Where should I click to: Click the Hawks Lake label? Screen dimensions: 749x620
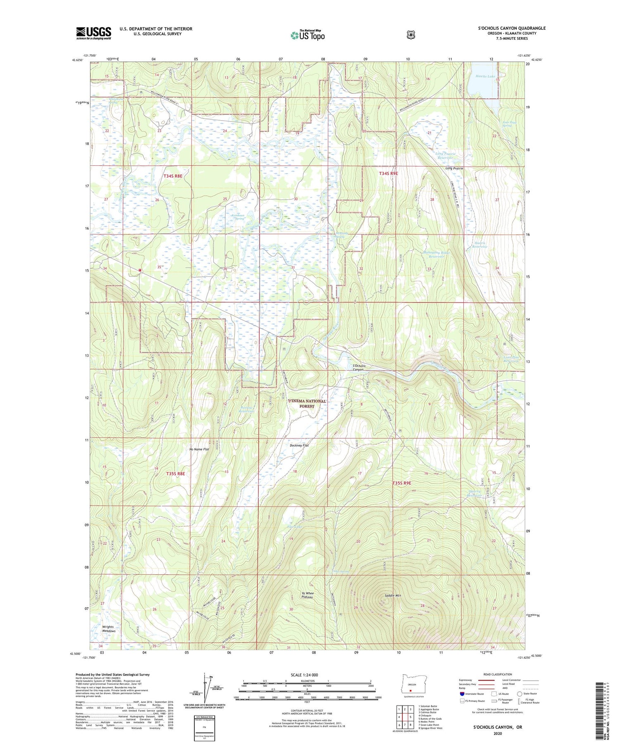pyautogui.click(x=485, y=76)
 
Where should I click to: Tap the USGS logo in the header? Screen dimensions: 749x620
pyautogui.click(x=93, y=33)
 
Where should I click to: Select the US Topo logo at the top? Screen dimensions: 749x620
pyautogui.click(x=308, y=35)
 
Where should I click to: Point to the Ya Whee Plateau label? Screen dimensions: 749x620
pyautogui.click(x=308, y=595)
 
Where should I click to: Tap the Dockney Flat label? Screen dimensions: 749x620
pyautogui.click(x=299, y=445)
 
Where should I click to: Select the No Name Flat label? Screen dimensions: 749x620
pyautogui.click(x=199, y=449)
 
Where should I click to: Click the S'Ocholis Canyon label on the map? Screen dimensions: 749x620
pyautogui.click(x=358, y=368)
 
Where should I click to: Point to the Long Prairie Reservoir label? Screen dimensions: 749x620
pyautogui.click(x=445, y=156)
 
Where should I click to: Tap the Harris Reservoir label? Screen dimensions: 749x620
pyautogui.click(x=480, y=245)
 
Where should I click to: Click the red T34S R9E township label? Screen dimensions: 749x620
pyautogui.click(x=388, y=174)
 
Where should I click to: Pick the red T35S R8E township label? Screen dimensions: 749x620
pyautogui.click(x=175, y=473)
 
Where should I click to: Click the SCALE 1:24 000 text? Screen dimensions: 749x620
pyautogui.click(x=307, y=675)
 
